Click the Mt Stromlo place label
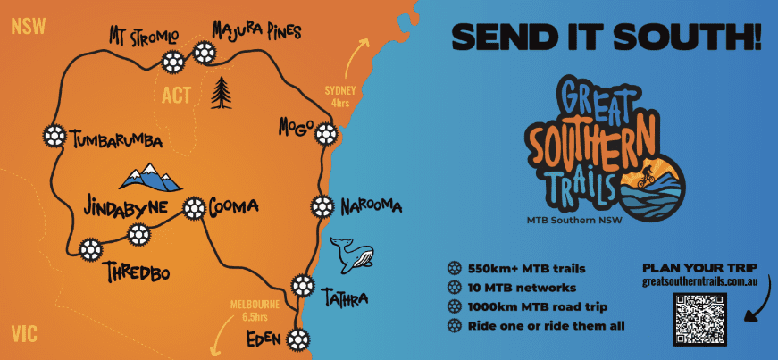(x=144, y=37)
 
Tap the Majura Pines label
(x=257, y=32)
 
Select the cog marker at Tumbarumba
(x=54, y=136)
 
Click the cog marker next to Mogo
(x=326, y=134)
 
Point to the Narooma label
(x=371, y=207)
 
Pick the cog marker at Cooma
(x=193, y=209)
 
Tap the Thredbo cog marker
(x=89, y=249)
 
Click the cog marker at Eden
(x=298, y=339)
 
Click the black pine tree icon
(x=221, y=92)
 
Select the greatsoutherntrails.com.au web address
(x=700, y=281)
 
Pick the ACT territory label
(x=176, y=95)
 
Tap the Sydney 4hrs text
(x=340, y=96)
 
